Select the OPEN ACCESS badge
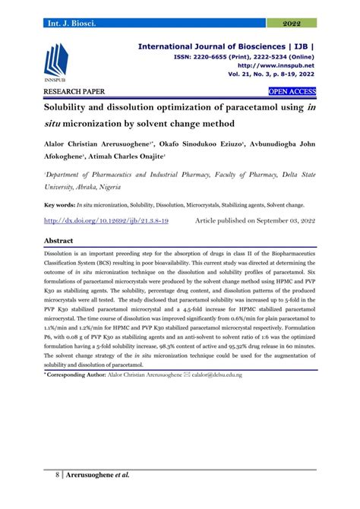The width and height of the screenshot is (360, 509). (x=292, y=93)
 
